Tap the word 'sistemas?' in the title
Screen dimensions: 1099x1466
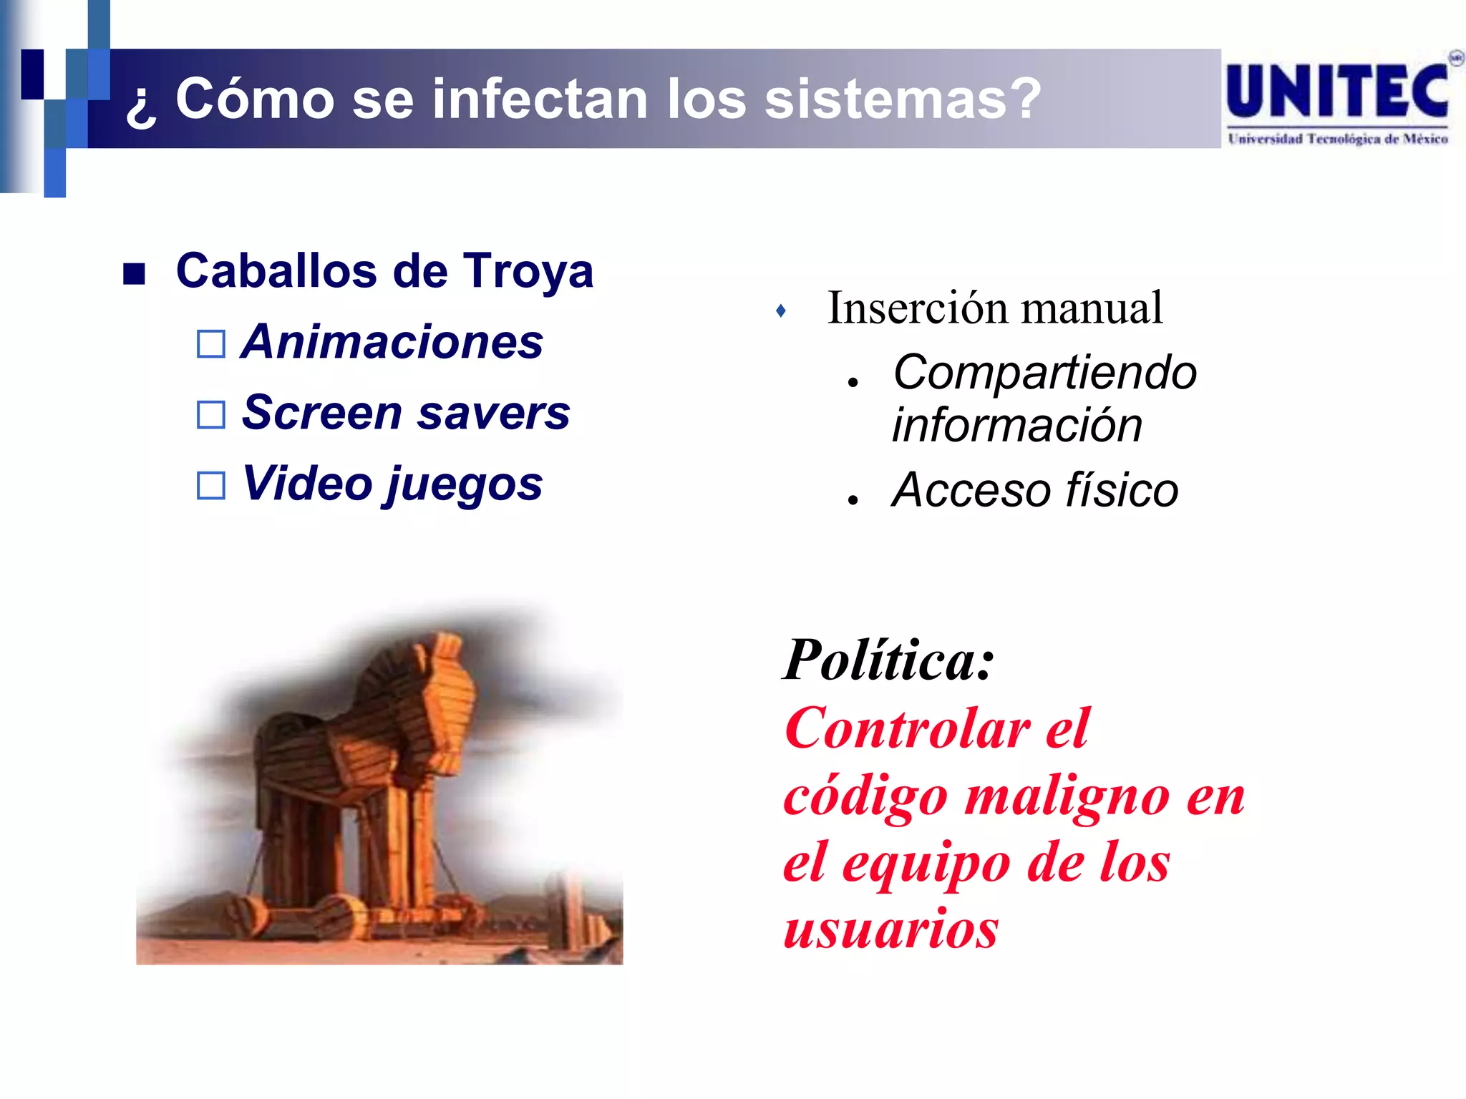click(903, 99)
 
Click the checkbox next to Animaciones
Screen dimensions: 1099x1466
click(211, 344)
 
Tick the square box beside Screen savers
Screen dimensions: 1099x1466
click(211, 414)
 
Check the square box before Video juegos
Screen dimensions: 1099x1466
click(211, 486)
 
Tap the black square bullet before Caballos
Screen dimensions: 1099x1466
click(134, 273)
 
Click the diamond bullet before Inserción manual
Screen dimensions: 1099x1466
click(781, 311)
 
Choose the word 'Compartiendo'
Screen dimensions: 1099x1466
click(1045, 373)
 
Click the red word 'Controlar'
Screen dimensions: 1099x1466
click(908, 729)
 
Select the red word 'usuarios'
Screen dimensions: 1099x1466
click(891, 929)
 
